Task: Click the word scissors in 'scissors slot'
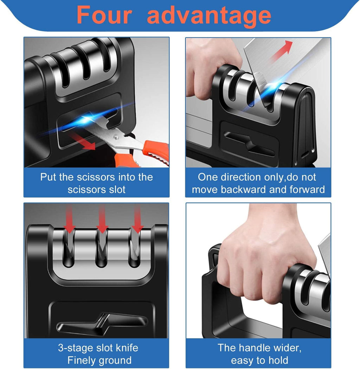pyautogui.click(x=87, y=190)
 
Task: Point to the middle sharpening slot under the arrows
pyautogui.click(x=102, y=252)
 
